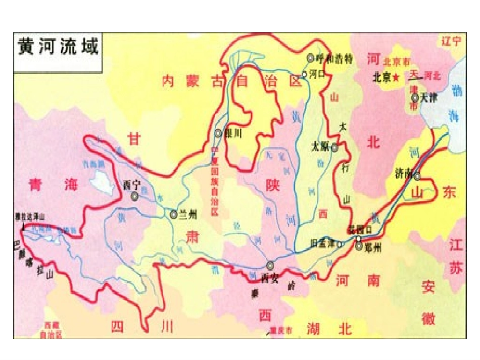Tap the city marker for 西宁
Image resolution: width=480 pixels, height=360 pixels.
(135, 196)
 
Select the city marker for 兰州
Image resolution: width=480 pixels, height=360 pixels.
(173, 214)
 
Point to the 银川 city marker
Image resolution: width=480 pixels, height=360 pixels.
(218, 133)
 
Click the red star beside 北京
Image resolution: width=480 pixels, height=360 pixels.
(397, 77)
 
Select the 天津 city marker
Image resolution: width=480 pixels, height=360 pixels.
(415, 97)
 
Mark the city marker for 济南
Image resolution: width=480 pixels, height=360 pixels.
(417, 176)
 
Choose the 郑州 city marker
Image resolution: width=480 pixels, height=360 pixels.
(358, 246)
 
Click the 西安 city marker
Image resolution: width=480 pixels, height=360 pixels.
(271, 265)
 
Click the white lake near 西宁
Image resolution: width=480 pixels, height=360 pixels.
(104, 182)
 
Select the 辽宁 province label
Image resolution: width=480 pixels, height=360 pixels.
(451, 41)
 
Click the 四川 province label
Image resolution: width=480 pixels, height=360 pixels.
(142, 327)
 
